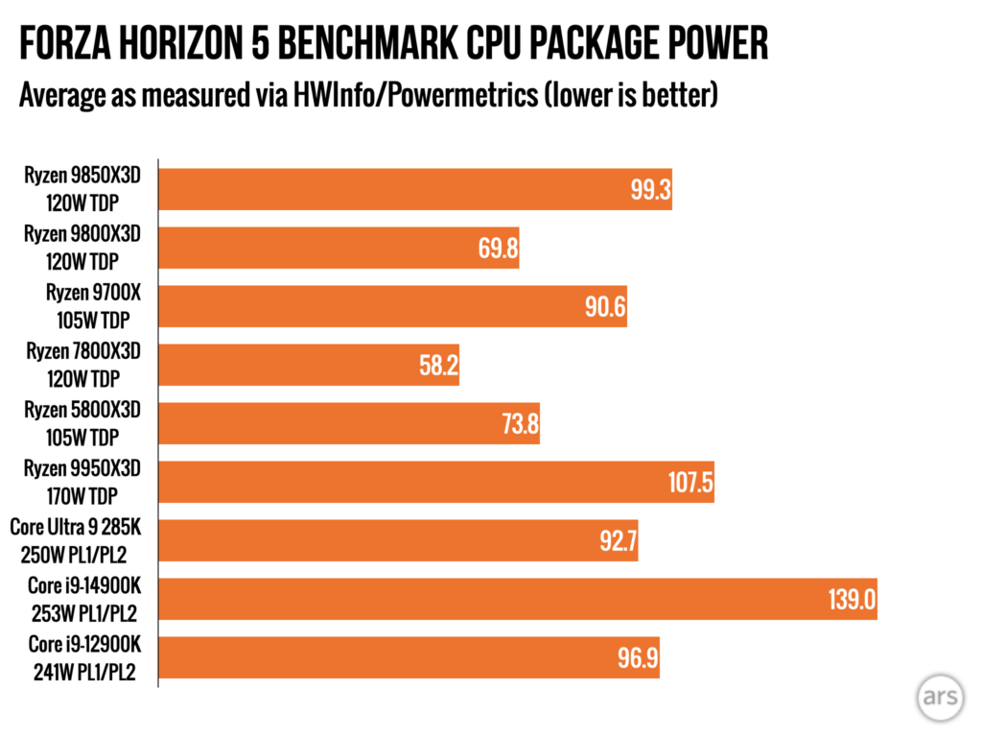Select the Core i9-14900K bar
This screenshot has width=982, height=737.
pos(517,598)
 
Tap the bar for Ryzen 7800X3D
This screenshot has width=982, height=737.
pos(308,365)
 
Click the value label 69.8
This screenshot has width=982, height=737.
pos(498,250)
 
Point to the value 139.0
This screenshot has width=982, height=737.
pos(852,600)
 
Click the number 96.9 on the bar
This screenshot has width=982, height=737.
pos(638,658)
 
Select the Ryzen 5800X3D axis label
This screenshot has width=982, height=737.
pos(83,410)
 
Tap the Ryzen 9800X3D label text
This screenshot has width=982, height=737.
pos(83,234)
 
